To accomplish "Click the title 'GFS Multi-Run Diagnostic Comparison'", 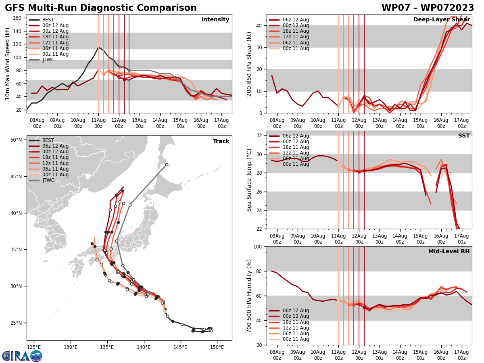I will coord(101,8).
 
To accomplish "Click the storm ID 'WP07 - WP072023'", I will coord(428,8).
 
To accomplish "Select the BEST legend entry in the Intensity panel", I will coord(48,20).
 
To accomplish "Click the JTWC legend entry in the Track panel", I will coord(48,180).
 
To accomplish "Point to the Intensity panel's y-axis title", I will coord(8,64).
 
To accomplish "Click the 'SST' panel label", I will coord(464,136).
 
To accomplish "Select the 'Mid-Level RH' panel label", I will coord(449,252).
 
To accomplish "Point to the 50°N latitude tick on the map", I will coord(16,140).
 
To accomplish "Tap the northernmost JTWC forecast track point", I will coord(167,165).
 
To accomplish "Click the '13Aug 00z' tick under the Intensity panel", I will coord(140,123).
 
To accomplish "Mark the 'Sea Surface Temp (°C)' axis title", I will coord(250,180).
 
